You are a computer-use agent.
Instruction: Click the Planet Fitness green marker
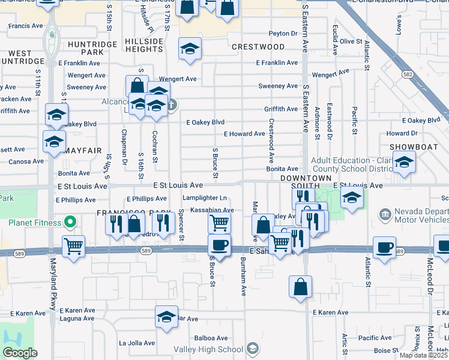70,223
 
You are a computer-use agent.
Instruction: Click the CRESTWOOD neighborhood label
258,47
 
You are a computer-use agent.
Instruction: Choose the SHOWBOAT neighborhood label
411,147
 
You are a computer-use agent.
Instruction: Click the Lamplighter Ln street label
205,198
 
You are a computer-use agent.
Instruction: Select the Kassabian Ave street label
211,210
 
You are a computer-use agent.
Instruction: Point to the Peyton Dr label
283,34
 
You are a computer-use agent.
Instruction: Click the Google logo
20,353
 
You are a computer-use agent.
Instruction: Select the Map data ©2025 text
423,355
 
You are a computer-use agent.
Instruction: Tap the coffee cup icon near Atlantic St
384,247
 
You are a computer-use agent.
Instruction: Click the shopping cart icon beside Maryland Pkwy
73,245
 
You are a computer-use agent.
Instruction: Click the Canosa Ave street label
26,161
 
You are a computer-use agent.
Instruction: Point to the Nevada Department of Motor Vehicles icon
385,213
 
